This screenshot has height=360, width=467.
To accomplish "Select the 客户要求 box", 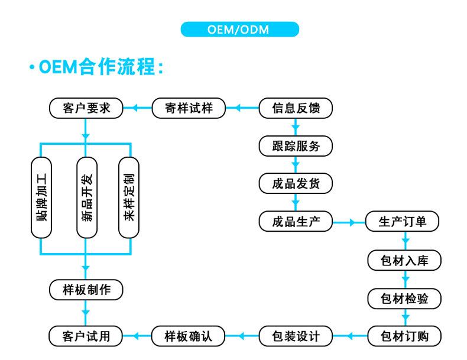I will pos(86,108).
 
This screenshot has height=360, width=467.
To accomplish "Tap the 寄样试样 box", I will pos(189,108).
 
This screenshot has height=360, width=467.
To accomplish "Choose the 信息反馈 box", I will pos(296,108).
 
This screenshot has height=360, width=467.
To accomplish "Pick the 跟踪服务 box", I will pos(296,146).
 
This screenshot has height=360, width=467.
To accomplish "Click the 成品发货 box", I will pos(296,184).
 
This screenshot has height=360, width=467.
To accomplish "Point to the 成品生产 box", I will pos(296,222).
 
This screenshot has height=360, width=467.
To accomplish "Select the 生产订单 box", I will pos(404,222).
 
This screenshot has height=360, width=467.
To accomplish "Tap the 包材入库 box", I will pos(404,260).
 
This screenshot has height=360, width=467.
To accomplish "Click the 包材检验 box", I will pos(404,298).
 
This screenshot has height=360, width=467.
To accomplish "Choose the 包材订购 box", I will pos(404,336).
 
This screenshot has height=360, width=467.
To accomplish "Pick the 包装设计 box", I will pos(296,336).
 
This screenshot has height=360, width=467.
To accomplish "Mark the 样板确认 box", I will pos(189,336).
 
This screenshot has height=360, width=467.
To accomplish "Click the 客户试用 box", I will pos(86,336).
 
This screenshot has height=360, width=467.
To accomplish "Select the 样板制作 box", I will pos(86,290).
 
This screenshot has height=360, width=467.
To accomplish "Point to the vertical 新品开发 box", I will pos(86,197).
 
